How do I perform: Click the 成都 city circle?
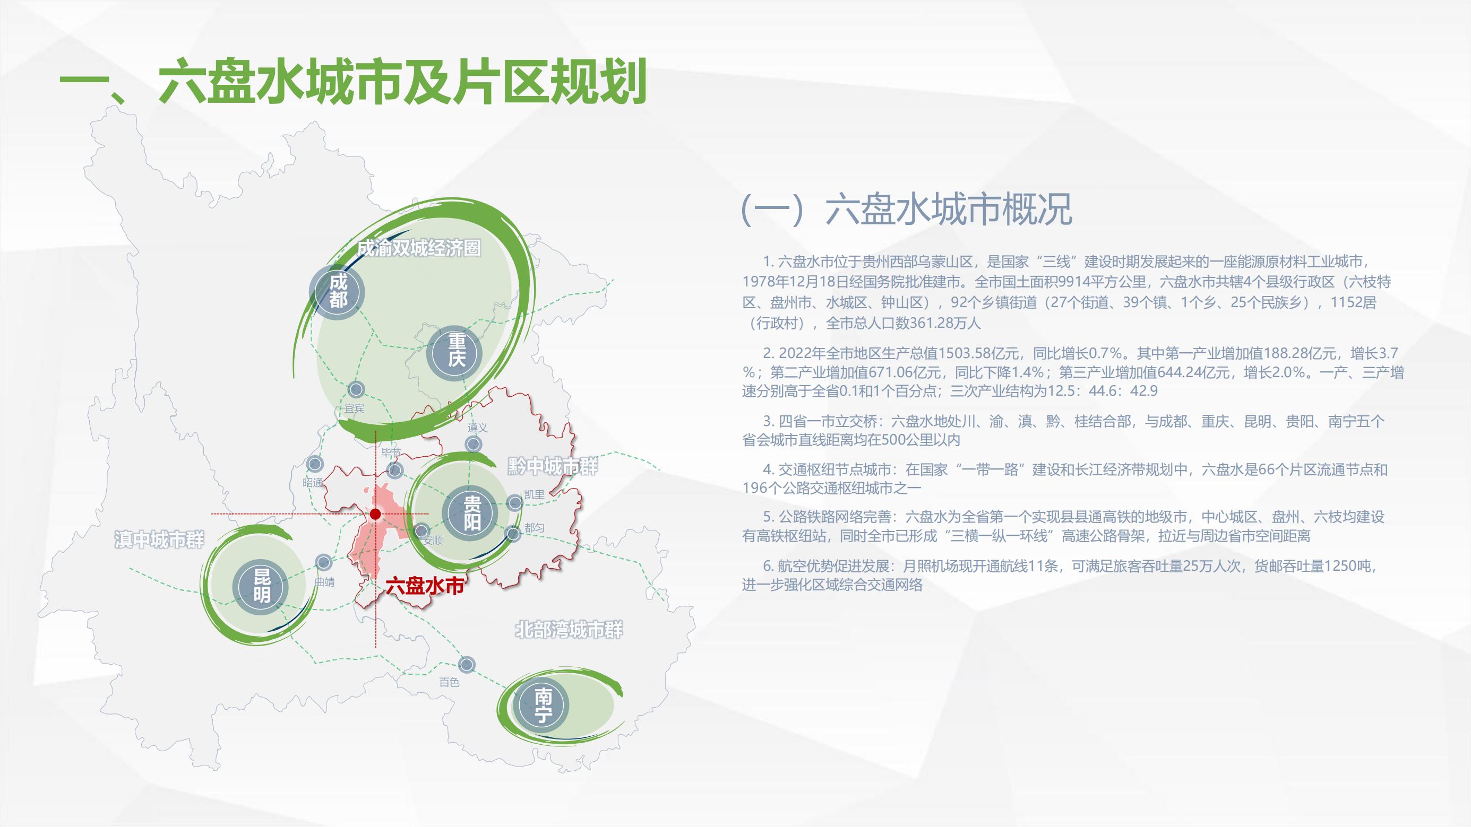pos(338,291)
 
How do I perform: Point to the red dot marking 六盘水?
pos(375,514)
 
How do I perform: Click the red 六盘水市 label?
pos(424,586)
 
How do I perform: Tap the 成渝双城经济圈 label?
pos(418,248)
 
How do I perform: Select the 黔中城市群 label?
pos(552,467)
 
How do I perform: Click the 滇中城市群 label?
pos(159,539)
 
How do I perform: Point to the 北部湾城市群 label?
pos(569,630)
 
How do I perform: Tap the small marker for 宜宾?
pos(356,390)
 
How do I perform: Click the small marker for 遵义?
pos(473,444)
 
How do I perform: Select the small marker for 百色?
pos(467,664)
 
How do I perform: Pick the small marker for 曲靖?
pos(323,562)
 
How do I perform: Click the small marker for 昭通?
pos(314,464)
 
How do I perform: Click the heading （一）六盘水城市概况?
pos(906,210)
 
